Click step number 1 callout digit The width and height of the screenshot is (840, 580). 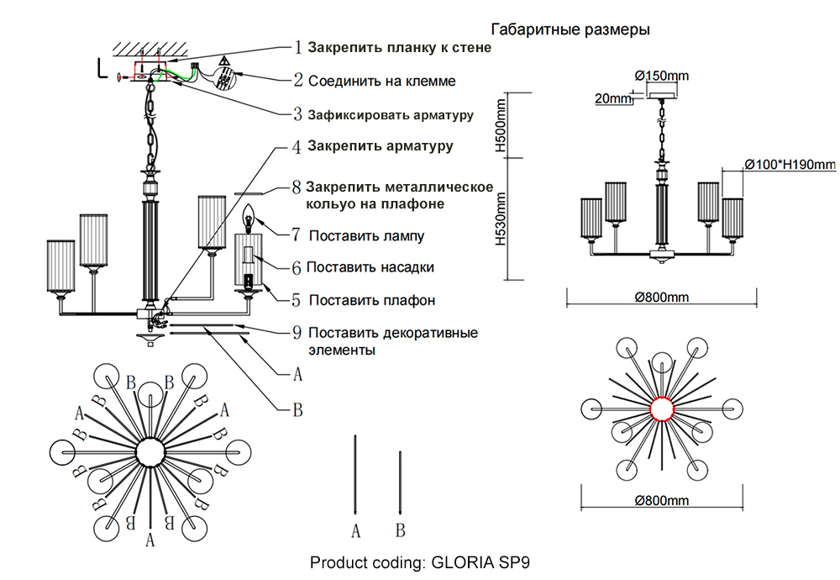pos(297,48)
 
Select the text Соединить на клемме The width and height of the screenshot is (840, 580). pos(382,82)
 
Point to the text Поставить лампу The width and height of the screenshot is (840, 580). pos(366,236)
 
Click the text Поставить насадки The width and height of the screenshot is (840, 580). pos(370,268)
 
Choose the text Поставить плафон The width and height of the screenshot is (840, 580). pos(372,300)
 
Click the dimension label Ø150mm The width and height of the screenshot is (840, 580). pos(661,76)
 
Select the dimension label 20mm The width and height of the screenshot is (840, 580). pos(612,98)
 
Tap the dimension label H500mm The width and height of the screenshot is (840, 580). pos(501,124)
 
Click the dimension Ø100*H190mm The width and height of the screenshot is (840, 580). pos(790,164)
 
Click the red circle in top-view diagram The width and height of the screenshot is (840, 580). pos(663,409)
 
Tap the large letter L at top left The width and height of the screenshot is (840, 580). pos(102,67)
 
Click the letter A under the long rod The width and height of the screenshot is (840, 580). pos(355,530)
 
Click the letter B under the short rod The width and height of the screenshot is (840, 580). pos(401,530)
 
